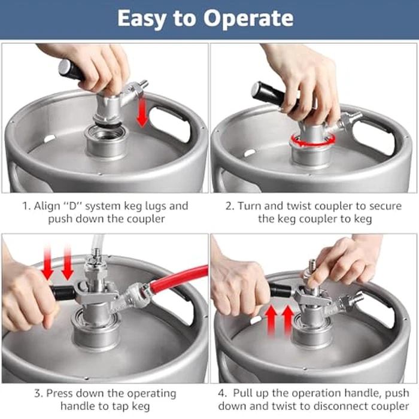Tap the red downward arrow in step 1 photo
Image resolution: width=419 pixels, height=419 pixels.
pos(142,113)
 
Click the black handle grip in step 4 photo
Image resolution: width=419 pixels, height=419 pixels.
pos(279,292)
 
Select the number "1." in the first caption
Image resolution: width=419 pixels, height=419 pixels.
pos(26,206)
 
